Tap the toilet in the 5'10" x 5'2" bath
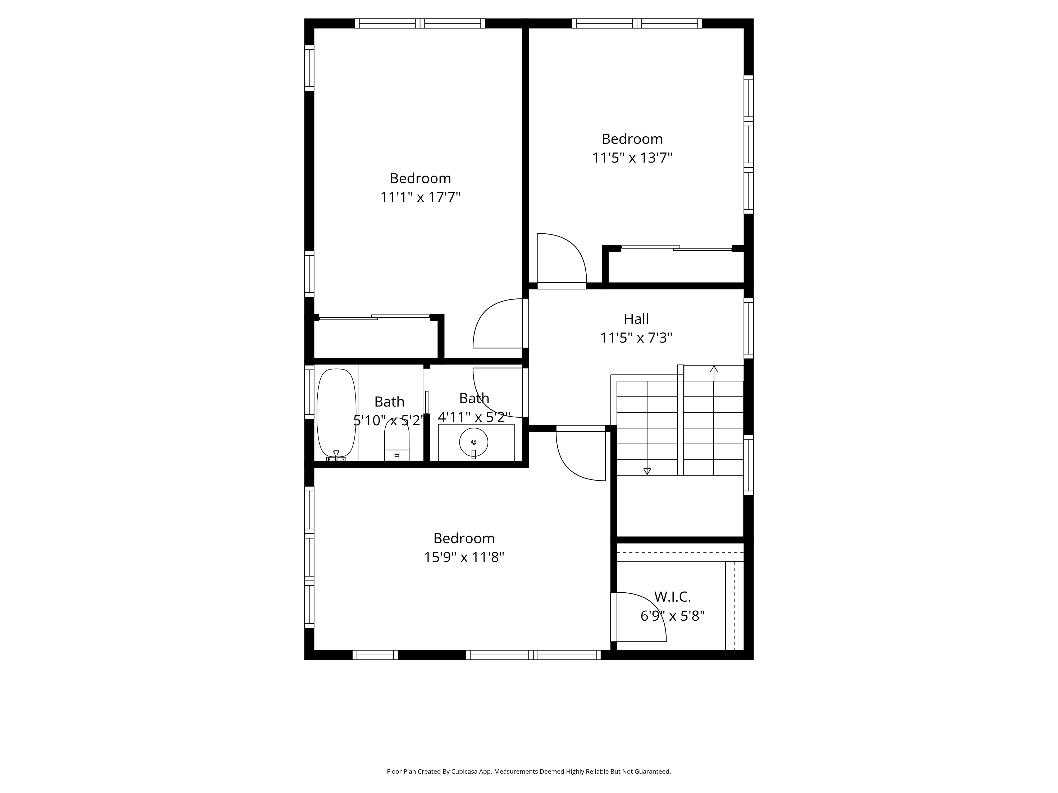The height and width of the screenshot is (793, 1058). coord(396,440)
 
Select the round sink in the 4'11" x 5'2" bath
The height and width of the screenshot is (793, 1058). coord(473,442)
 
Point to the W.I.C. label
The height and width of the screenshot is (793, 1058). coord(672,597)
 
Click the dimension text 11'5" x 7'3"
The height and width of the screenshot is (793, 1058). coord(636,338)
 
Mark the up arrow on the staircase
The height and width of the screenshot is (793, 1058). coord(714,369)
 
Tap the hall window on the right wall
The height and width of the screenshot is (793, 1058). coord(749,328)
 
